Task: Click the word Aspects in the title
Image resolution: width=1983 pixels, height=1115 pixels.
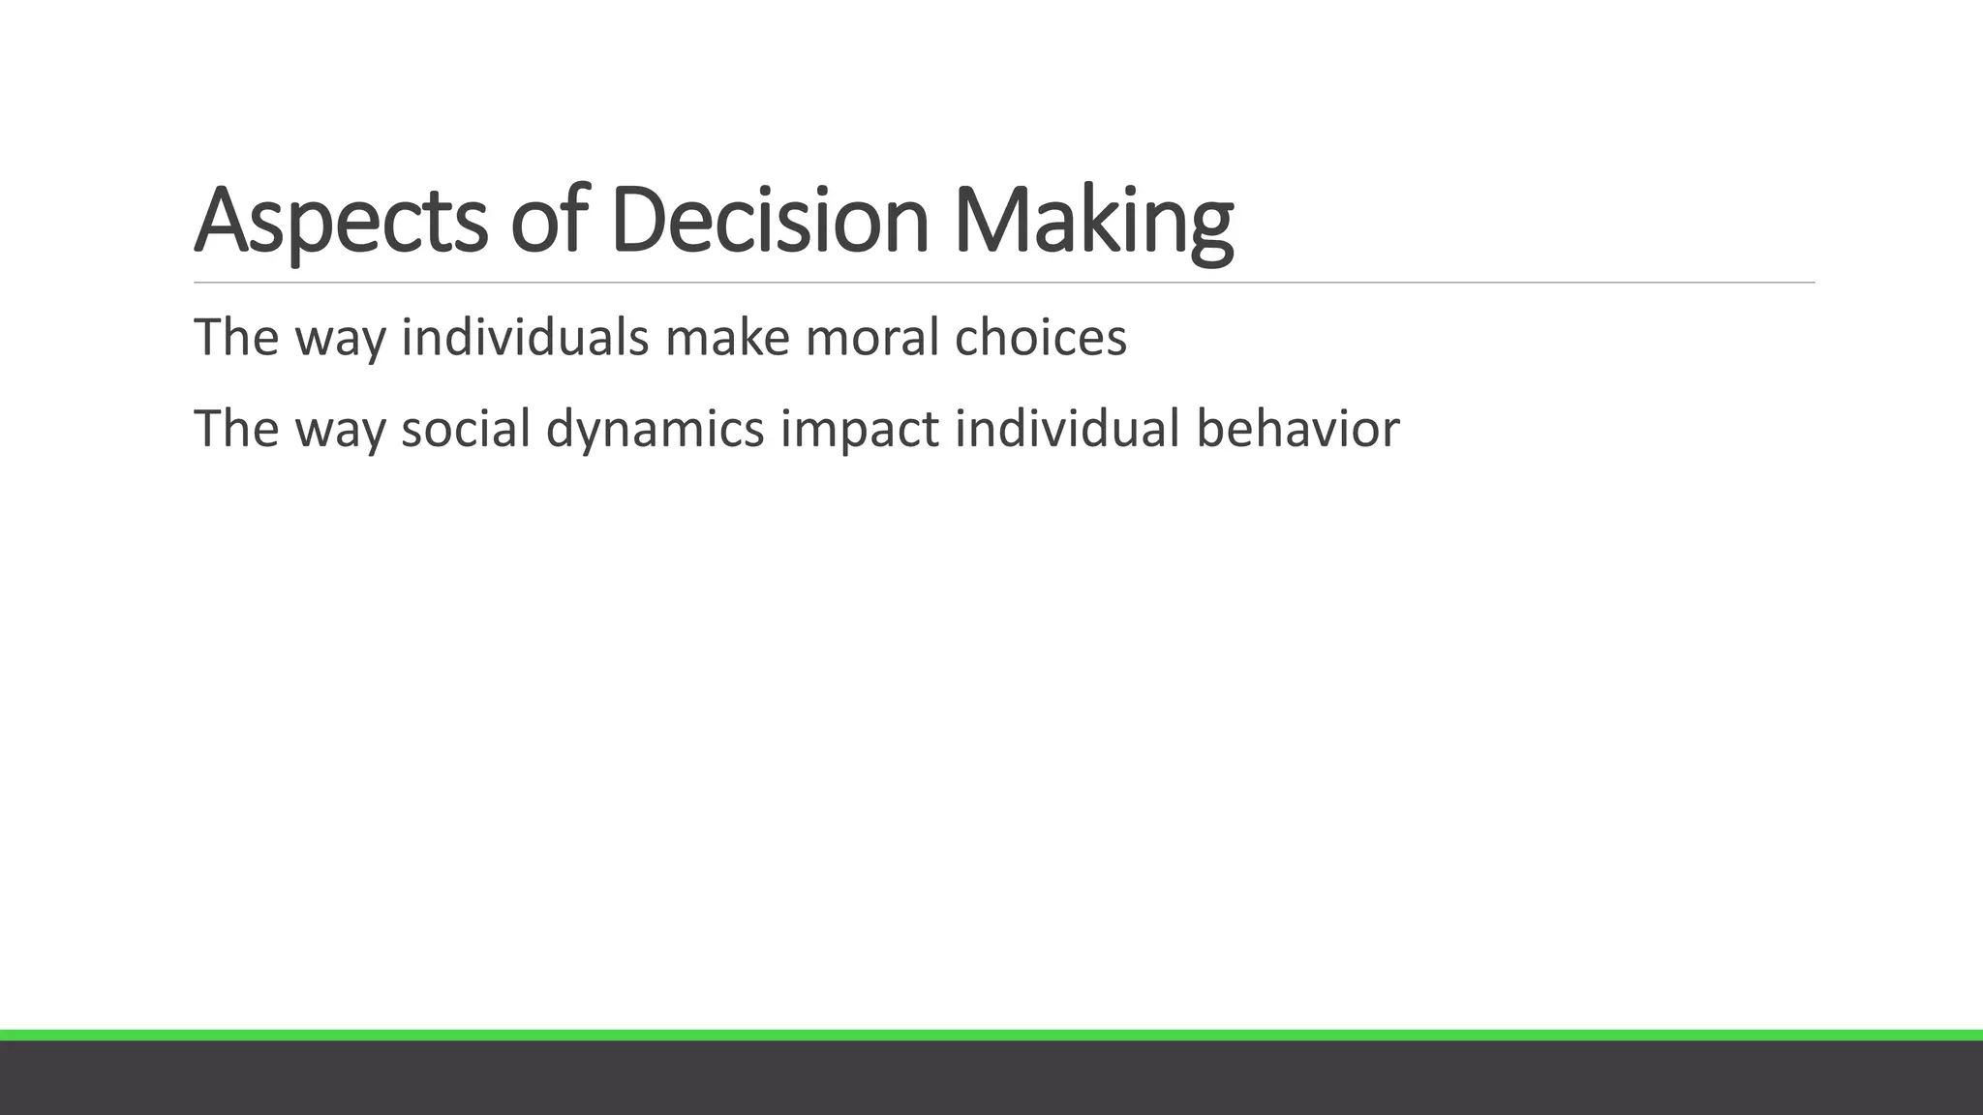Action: pos(341,221)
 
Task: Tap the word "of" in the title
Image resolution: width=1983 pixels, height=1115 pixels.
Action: pos(549,221)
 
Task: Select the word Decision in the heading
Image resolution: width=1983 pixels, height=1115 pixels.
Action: pos(770,221)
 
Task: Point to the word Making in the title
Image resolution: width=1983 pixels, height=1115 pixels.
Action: pos(1093,221)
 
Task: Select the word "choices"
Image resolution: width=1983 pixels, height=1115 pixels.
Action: pos(1040,337)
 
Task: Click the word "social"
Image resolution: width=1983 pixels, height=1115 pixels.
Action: pos(466,428)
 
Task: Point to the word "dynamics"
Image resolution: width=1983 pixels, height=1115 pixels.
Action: pos(656,428)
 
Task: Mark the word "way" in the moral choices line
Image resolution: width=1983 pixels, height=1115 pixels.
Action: pos(340,337)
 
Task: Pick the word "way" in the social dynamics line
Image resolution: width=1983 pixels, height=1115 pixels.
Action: pos(340,428)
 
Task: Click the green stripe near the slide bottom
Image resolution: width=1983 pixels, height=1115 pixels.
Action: pos(991,1035)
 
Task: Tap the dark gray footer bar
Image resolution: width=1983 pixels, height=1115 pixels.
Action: pos(991,1078)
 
